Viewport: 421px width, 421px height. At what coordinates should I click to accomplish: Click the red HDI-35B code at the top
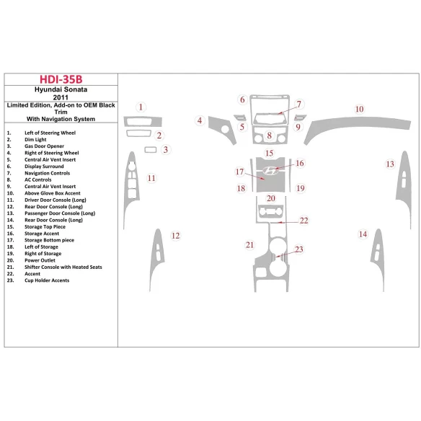click(61, 79)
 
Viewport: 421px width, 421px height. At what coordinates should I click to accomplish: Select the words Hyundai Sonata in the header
click(61, 89)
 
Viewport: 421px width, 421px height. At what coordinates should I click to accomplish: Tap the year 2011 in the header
click(61, 97)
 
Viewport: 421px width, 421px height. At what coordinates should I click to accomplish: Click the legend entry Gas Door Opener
click(44, 146)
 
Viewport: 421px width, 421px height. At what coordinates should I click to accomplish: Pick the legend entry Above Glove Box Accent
click(53, 193)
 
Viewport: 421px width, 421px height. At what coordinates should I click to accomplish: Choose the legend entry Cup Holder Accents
click(47, 280)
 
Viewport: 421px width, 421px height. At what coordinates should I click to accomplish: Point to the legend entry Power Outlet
click(40, 260)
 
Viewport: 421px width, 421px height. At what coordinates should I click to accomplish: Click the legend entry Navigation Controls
click(48, 173)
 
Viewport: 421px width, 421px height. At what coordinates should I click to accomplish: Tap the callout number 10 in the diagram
click(359, 109)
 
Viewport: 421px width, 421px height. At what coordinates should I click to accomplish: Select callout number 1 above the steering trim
click(141, 107)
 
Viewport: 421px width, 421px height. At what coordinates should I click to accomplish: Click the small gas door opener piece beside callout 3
click(151, 149)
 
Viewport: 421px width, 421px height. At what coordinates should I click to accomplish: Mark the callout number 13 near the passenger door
click(390, 164)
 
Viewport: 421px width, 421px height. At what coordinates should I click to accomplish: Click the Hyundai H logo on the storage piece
click(270, 171)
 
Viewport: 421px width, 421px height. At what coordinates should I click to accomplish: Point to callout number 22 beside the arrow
click(304, 221)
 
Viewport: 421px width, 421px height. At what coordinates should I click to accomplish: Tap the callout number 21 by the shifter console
click(249, 245)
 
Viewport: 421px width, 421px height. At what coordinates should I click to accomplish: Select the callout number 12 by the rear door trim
click(176, 236)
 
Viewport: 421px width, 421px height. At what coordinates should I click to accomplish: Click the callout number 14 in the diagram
click(363, 234)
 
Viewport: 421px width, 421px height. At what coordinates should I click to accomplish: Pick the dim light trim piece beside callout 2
click(138, 133)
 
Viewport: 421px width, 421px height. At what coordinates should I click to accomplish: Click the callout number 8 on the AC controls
click(270, 136)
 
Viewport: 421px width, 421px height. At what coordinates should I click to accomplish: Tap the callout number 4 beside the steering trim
click(200, 120)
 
